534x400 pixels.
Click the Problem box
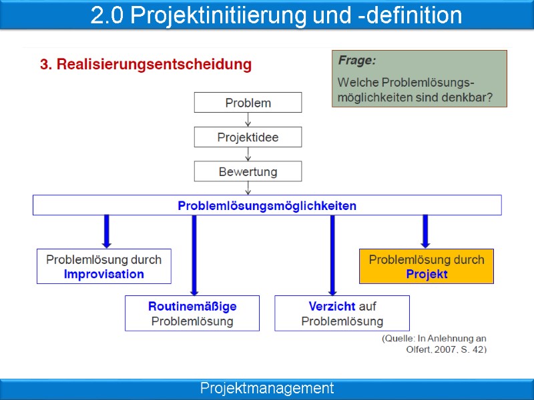(x=248, y=103)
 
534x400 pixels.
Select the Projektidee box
(x=248, y=137)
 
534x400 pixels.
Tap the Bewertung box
(x=248, y=172)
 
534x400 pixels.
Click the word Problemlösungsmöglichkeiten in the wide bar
(x=267, y=206)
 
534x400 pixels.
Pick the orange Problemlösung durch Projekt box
(x=427, y=266)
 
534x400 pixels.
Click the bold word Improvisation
(x=103, y=274)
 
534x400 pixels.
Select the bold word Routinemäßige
(x=192, y=307)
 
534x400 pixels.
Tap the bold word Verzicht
(x=332, y=307)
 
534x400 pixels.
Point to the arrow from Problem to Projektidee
(x=248, y=120)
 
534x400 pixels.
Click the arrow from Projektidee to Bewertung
(x=248, y=155)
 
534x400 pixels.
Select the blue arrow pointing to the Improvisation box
(x=105, y=231)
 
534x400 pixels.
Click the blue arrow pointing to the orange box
(x=425, y=231)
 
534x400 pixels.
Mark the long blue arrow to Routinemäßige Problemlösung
(x=194, y=254)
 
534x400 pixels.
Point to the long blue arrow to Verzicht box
(x=332, y=254)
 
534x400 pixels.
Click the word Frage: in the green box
(x=356, y=61)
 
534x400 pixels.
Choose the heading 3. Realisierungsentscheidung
(x=146, y=65)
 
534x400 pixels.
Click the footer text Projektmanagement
(x=267, y=388)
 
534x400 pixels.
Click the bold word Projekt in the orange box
(x=427, y=274)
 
